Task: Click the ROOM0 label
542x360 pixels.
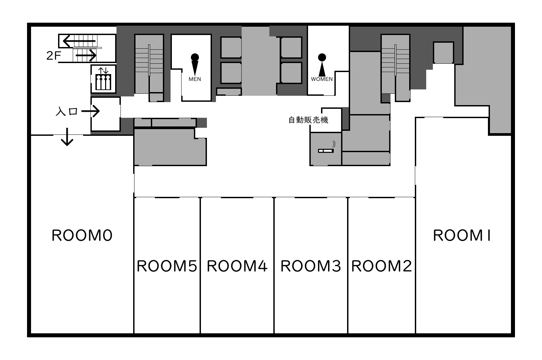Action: (82, 235)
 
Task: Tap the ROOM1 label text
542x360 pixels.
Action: (462, 235)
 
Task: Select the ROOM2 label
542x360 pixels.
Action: (381, 266)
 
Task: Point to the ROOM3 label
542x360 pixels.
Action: (311, 266)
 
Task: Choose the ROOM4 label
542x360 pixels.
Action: (237, 266)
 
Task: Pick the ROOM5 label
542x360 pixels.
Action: (167, 266)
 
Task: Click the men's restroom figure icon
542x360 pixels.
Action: (195, 64)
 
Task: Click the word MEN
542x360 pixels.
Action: (195, 79)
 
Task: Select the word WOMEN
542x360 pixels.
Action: (322, 79)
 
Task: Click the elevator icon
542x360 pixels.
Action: (103, 79)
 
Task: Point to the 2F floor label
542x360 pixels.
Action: (53, 56)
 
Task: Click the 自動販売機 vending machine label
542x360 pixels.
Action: (308, 120)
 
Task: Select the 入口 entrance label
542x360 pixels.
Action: (66, 111)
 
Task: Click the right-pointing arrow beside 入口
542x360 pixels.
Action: (90, 111)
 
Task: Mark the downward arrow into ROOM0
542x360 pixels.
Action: (67, 137)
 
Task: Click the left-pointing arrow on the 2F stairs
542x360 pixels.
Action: (79, 41)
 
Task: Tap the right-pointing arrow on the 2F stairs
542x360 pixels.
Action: (86, 55)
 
